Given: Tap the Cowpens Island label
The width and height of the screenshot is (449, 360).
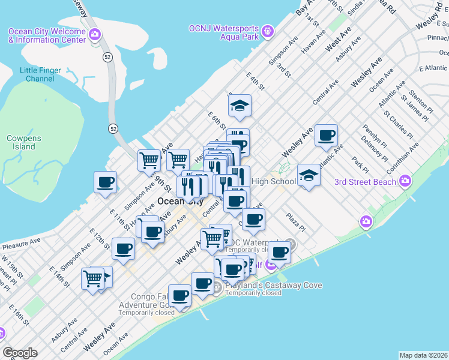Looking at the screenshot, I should (x=23, y=142).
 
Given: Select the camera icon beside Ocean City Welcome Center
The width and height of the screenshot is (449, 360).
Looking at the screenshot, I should (x=94, y=35).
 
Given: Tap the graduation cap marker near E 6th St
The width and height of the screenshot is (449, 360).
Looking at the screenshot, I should (x=240, y=106).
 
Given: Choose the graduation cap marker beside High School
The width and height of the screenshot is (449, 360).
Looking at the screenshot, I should (x=309, y=175).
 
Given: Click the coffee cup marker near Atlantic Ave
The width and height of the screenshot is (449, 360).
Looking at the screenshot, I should (x=326, y=135).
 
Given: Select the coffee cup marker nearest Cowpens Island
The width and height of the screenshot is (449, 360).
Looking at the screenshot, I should (x=106, y=182).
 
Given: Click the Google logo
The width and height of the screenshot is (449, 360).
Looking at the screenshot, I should (x=20, y=353).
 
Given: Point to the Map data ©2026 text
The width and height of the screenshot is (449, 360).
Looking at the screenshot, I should (x=423, y=355).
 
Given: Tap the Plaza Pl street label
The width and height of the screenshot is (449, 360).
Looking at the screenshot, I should (x=295, y=222).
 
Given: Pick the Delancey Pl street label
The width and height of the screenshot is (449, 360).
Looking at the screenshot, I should (x=373, y=146).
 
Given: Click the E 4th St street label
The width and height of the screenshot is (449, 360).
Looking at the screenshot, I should (x=255, y=82).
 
